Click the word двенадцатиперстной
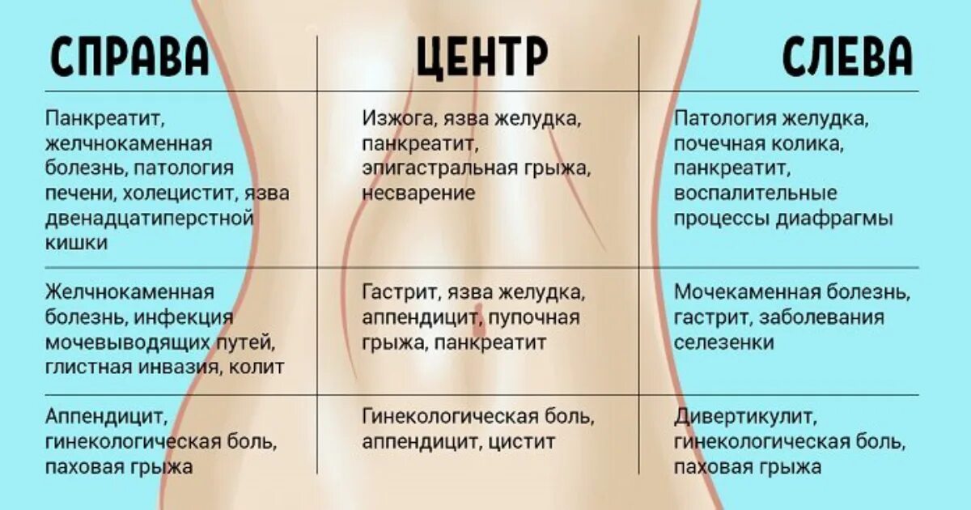(150, 219)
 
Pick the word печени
(79, 194)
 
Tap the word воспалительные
(755, 194)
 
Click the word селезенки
(723, 342)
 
